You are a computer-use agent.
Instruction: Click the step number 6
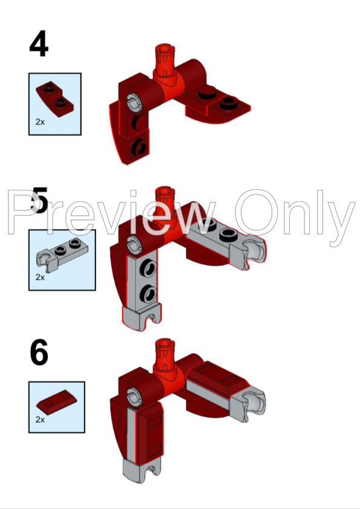[39, 352]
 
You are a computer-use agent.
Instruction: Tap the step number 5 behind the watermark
[40, 201]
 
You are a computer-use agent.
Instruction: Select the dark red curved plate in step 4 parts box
[54, 99]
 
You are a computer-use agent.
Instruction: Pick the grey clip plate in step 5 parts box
[62, 256]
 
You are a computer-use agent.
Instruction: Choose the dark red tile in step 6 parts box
[57, 402]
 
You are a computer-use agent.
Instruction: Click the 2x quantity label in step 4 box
[40, 122]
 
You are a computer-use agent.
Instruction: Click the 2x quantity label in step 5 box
[40, 277]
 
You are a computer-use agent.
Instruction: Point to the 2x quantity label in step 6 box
[40, 420]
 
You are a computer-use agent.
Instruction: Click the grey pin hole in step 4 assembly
[133, 100]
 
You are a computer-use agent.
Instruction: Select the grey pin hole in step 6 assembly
[133, 396]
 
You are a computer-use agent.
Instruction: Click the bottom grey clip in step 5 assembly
[141, 317]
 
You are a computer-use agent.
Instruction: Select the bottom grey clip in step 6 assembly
[141, 470]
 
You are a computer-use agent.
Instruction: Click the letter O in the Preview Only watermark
[256, 212]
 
